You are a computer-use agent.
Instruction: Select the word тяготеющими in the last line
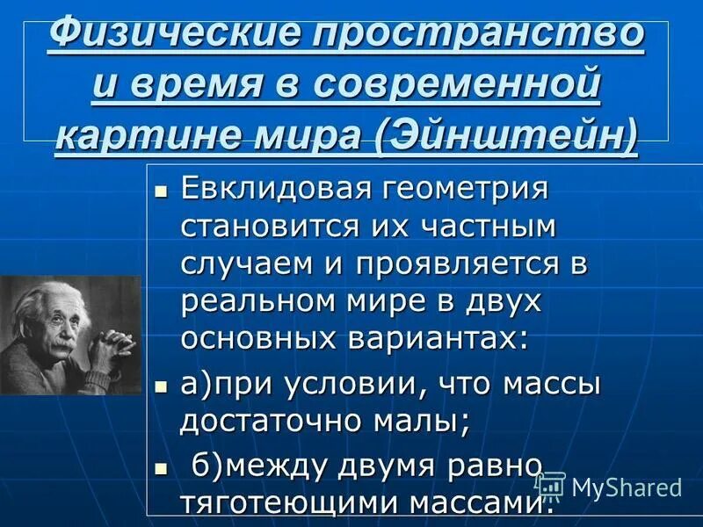coord(288,502)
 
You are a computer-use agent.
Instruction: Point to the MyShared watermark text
coord(626,487)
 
